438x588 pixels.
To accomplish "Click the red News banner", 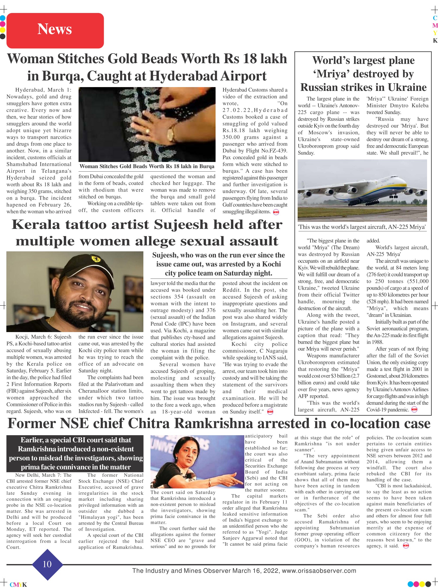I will tap(55, 30).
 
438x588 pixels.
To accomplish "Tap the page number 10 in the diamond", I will tap(47, 564).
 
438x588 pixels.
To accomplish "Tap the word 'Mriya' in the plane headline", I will tap(330, 74).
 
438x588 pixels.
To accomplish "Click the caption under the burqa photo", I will tap(147, 167).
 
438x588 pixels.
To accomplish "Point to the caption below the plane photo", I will tap(362, 227).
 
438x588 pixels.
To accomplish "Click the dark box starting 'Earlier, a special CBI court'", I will tap(75, 453).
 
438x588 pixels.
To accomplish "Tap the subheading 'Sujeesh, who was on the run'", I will tap(218, 264).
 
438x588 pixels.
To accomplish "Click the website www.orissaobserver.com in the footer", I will tap(319, 571).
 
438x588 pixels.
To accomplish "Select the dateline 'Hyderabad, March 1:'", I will tap(43, 90).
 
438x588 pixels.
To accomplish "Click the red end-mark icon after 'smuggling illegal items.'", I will tap(276, 212).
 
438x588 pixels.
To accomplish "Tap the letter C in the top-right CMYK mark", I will tap(435, 18).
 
